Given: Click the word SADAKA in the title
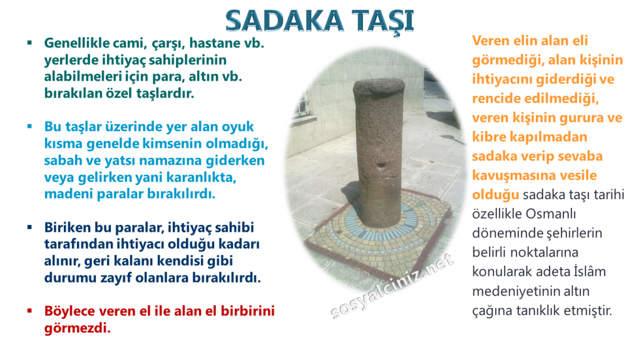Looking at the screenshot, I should [x=280, y=20].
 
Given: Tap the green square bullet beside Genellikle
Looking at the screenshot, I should [x=29, y=44].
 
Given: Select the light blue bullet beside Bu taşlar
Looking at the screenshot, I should [x=29, y=126].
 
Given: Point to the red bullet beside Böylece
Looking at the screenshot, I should [x=29, y=311].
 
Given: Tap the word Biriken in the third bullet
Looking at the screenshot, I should [x=67, y=227].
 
